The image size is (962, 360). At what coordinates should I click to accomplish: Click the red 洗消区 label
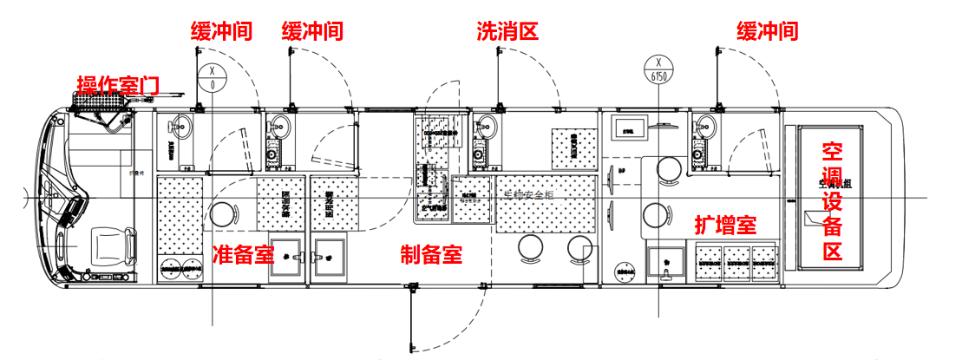point(507,32)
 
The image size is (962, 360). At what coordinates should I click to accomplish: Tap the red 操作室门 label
point(118,84)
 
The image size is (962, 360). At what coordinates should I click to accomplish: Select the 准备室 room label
point(244,254)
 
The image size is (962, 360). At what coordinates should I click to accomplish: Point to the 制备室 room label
point(431,255)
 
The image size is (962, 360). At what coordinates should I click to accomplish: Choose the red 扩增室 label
point(726,226)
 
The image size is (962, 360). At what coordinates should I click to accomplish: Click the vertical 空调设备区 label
point(833,201)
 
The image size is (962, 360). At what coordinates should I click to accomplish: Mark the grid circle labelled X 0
point(213,77)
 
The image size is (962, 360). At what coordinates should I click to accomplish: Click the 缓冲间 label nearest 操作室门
point(222,32)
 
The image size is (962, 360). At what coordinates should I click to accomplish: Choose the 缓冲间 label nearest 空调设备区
point(767,32)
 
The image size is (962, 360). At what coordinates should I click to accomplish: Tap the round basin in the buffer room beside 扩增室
point(704,125)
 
